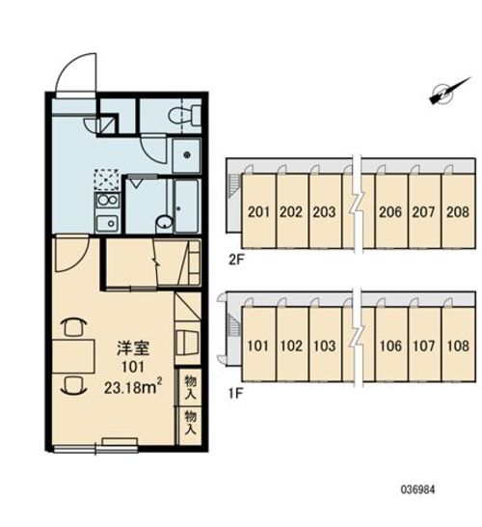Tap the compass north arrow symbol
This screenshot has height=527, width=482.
pos(449,91)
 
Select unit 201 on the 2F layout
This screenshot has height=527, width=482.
pos(258,212)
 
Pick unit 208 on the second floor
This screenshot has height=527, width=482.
pos(458,212)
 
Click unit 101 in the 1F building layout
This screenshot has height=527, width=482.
pos(258,346)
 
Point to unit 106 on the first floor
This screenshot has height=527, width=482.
pos(390,346)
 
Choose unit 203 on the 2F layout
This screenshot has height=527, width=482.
pos(324,212)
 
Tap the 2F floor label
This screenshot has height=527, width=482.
pos(236,261)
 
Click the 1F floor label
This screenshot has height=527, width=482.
pos(235,393)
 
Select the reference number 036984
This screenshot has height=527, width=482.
pos(417,489)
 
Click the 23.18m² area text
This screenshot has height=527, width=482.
pos(133,387)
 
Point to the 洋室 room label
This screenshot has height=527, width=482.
pos(133,347)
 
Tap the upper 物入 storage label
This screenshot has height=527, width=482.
pos(190,387)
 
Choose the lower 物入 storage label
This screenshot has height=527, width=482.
pos(190,423)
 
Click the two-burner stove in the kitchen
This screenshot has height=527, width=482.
pos(107,201)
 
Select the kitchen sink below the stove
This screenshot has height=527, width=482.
pos(107,223)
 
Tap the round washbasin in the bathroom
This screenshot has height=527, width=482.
pos(165,223)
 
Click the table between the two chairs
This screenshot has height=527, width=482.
pos(73,356)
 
